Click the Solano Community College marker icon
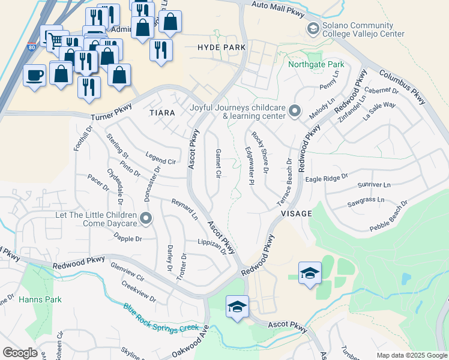click(x=313, y=29)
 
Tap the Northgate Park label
click(x=316, y=64)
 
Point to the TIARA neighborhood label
click(x=162, y=113)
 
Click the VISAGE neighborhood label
click(x=295, y=213)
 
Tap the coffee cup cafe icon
click(x=34, y=76)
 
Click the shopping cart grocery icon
click(x=55, y=41)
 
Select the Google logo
click(x=20, y=353)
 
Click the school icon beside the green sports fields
click(x=310, y=274)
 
